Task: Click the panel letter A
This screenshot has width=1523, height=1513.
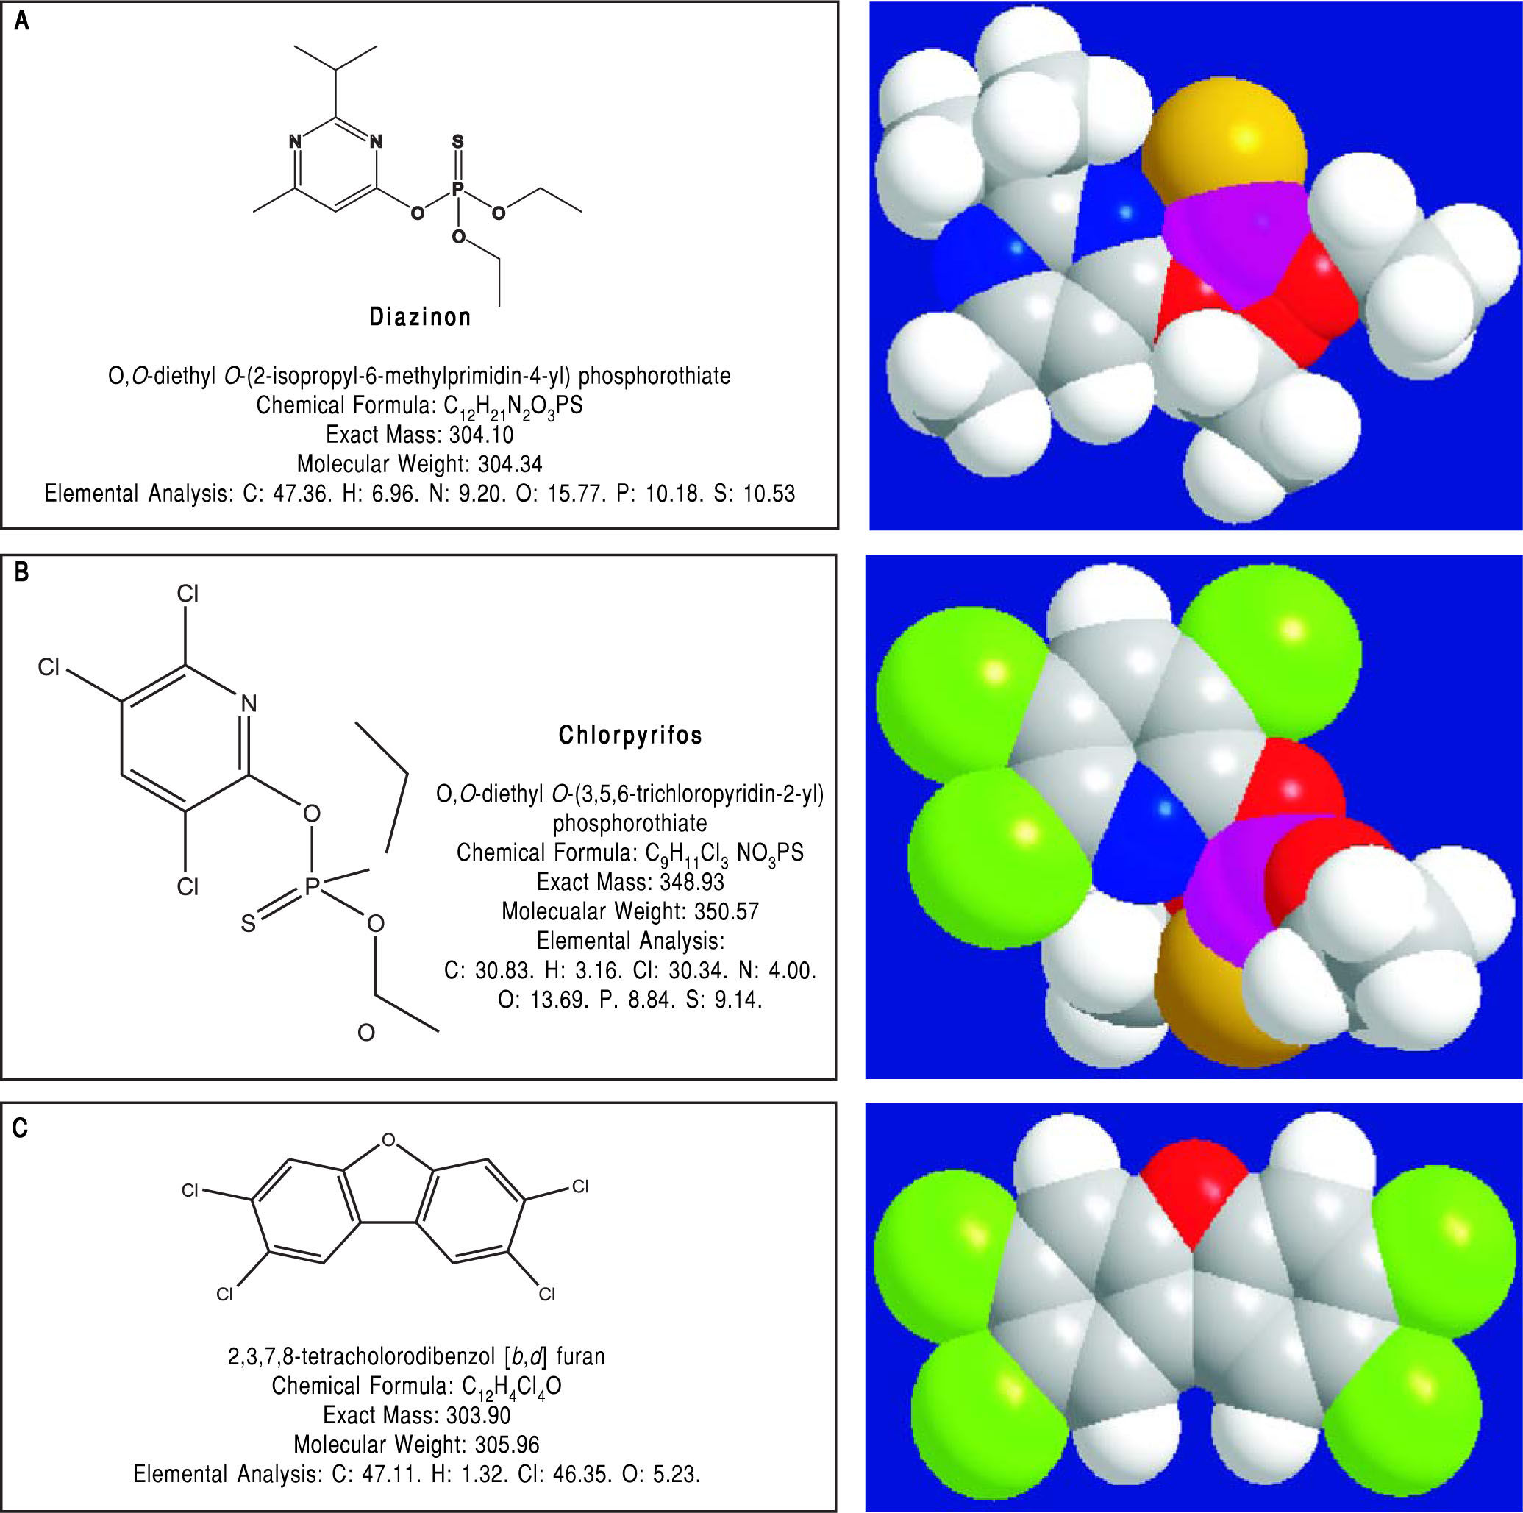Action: pyautogui.click(x=22, y=21)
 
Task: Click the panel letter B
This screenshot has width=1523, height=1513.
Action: pyautogui.click(x=21, y=572)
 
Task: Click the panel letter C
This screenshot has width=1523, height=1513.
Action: pyautogui.click(x=21, y=1128)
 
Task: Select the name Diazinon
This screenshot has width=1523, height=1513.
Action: pyautogui.click(x=420, y=317)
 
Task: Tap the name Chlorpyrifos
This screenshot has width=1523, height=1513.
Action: pyautogui.click(x=629, y=735)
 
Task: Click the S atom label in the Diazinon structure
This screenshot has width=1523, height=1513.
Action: pyautogui.click(x=457, y=142)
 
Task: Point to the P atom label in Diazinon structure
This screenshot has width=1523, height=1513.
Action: pyautogui.click(x=457, y=190)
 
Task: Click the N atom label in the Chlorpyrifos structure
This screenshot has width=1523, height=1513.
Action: pyautogui.click(x=249, y=702)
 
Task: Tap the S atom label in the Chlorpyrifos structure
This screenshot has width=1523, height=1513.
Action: pyautogui.click(x=249, y=923)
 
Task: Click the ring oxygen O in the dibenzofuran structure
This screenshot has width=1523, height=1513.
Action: pyautogui.click(x=387, y=1140)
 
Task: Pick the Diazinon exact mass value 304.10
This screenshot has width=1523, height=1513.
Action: pyautogui.click(x=481, y=435)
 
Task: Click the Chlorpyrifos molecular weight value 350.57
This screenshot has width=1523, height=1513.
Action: pyautogui.click(x=726, y=911)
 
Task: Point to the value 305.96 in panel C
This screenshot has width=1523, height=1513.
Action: pyautogui.click(x=506, y=1445)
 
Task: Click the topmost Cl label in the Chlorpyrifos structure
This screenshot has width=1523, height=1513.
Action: pyautogui.click(x=188, y=594)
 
